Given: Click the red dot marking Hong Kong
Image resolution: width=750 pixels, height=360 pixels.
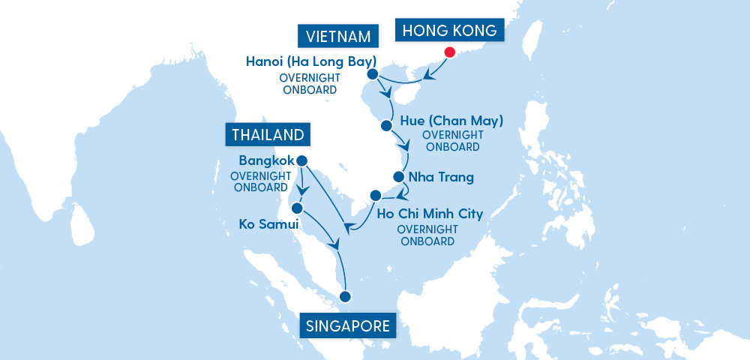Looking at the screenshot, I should (450, 52).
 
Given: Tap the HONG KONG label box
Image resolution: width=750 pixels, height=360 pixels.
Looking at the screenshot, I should (450, 31).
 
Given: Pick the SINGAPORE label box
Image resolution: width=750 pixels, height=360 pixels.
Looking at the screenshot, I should (348, 326).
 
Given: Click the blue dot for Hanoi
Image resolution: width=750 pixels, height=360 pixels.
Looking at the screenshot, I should (372, 75).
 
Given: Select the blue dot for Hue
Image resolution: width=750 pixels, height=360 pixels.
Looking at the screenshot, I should (386, 125).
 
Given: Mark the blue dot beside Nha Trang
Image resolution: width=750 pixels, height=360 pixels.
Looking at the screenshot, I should (399, 178).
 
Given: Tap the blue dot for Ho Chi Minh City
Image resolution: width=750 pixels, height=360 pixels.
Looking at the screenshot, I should (376, 196).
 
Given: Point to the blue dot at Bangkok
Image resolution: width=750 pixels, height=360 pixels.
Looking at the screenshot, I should (302, 160).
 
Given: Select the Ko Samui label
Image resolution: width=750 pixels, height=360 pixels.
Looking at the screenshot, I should (269, 223).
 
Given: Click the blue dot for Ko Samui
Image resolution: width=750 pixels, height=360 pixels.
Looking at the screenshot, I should (298, 208).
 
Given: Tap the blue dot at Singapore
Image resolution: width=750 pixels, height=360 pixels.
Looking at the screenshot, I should (346, 295).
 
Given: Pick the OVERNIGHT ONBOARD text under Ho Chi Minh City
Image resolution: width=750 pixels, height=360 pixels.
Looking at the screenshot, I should (427, 235).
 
